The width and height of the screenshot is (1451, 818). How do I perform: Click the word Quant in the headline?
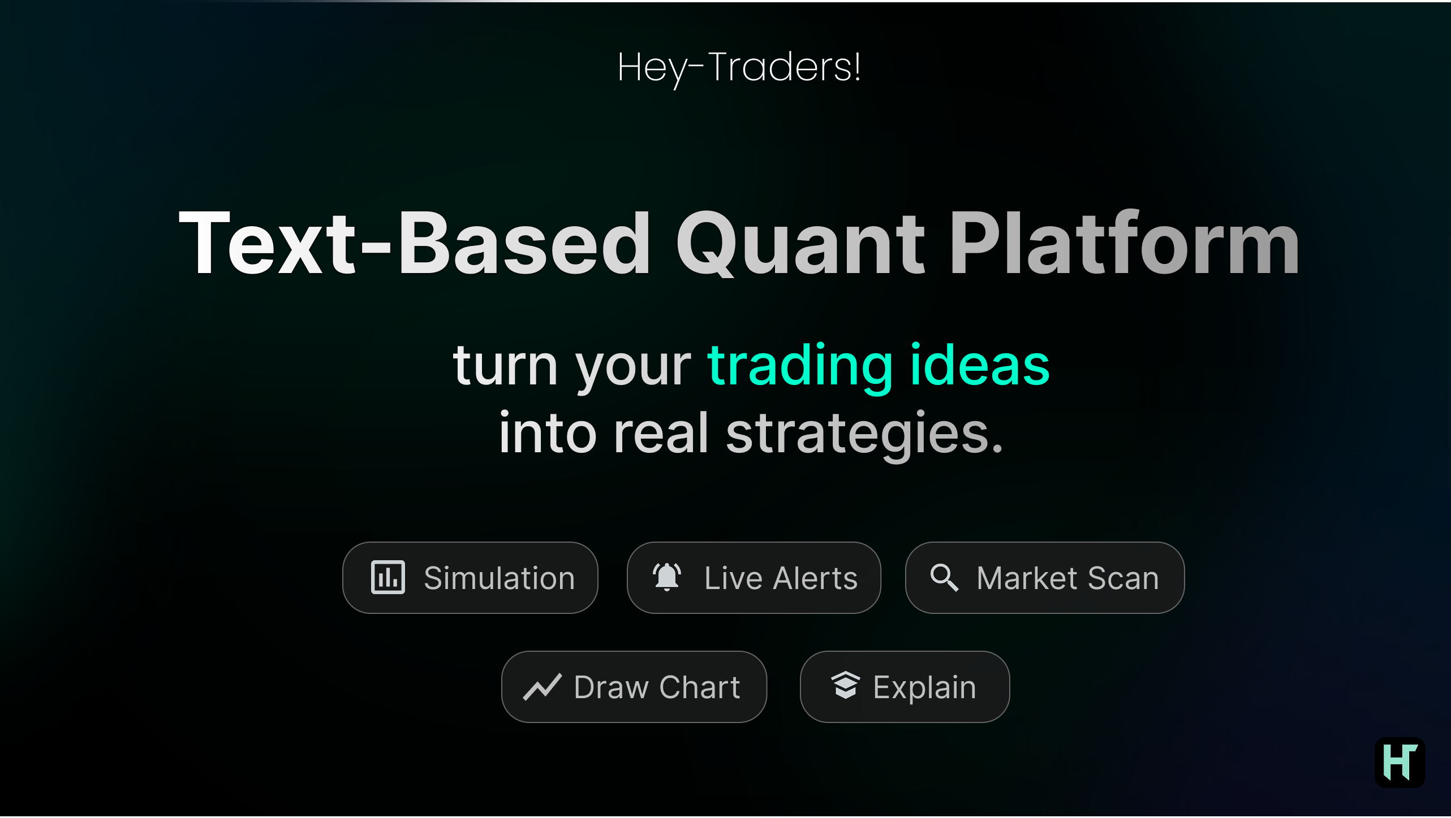pos(800,243)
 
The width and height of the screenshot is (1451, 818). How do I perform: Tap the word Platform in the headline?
pos(1125,243)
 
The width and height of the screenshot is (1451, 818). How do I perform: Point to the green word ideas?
pos(980,366)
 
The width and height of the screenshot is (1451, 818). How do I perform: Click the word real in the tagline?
pos(661,433)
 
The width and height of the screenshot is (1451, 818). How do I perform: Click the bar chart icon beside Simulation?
pos(387,577)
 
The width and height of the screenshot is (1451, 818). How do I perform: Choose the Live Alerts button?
pos(754,578)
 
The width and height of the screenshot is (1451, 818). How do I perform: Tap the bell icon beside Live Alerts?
pos(667,577)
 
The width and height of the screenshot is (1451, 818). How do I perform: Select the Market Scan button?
pos(1044,578)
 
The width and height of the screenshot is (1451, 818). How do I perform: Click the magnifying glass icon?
pos(944,578)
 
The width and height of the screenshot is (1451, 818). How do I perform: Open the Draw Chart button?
pos(634,687)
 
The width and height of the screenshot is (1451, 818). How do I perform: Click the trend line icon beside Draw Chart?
pos(542,687)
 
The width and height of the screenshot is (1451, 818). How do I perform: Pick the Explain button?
pos(905,687)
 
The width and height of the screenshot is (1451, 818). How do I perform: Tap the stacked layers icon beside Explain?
pos(845,686)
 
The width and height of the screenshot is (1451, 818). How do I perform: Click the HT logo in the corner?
pos(1400,762)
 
